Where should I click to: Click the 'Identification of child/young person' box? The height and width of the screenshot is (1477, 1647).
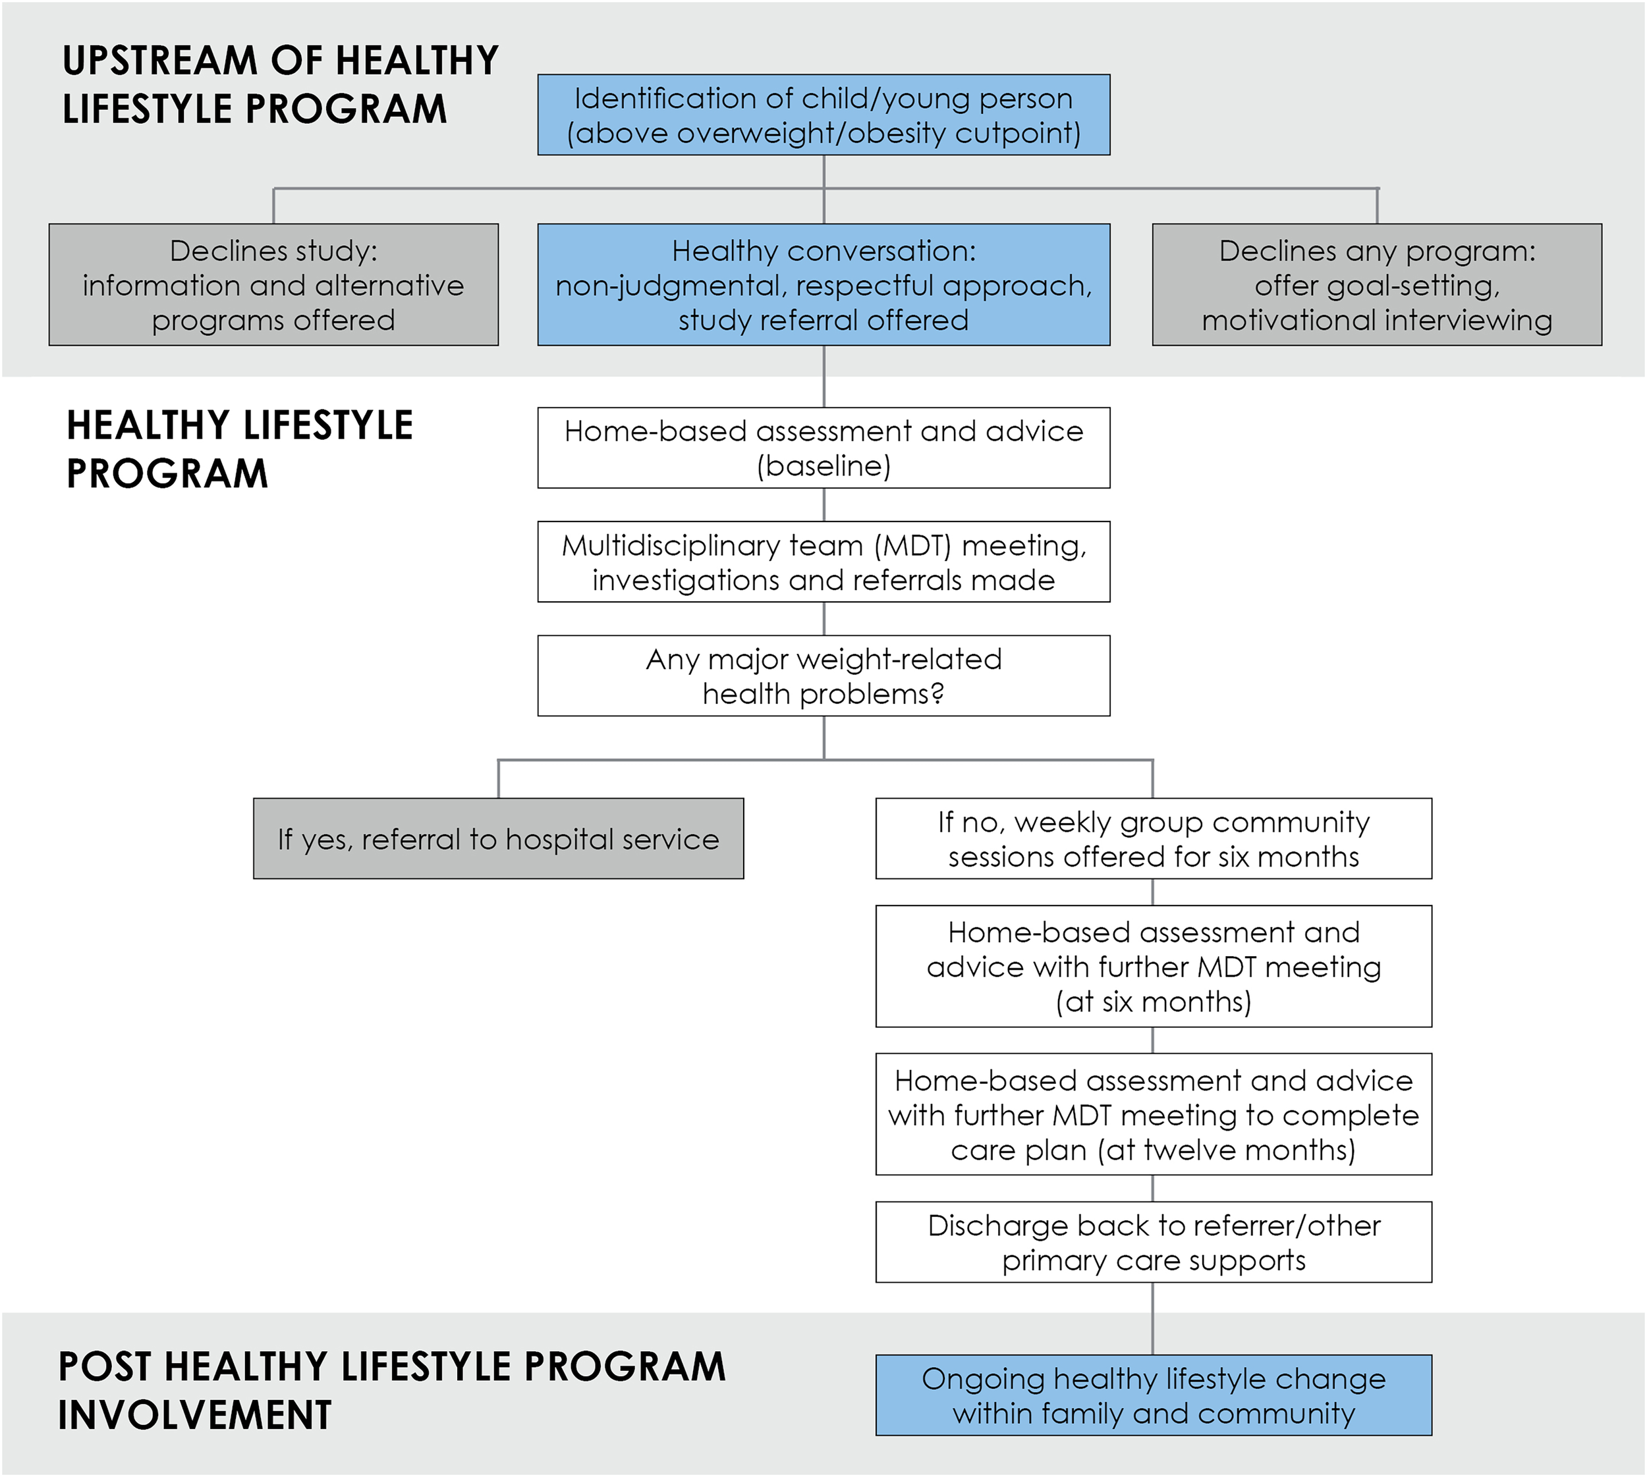(823, 115)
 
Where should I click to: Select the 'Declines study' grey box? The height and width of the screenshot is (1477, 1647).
(273, 285)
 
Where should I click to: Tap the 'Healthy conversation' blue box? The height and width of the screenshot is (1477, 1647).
(823, 285)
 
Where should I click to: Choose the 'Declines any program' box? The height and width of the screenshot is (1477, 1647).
(1377, 285)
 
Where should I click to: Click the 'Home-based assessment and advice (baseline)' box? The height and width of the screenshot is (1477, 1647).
(823, 448)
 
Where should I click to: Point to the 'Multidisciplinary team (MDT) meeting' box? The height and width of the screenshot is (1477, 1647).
(823, 562)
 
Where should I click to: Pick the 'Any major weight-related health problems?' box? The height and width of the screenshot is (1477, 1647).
(823, 676)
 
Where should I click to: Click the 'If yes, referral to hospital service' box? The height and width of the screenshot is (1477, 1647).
(499, 838)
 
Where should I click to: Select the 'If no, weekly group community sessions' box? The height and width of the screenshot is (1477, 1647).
(1154, 838)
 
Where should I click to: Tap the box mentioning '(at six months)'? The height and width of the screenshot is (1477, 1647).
(1154, 967)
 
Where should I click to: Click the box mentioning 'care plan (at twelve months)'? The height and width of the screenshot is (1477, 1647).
(1154, 1114)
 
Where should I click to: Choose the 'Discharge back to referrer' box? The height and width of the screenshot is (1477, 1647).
(1154, 1243)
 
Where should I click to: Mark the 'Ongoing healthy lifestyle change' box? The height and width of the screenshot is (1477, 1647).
(1154, 1396)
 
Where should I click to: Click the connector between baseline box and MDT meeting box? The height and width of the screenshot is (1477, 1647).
(824, 505)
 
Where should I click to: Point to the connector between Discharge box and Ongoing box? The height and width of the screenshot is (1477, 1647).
(1153, 1319)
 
